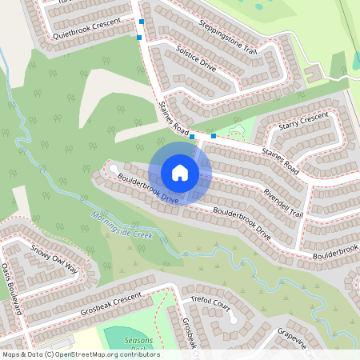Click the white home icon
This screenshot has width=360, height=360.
[180, 172]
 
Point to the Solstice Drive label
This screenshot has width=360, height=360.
[195, 58]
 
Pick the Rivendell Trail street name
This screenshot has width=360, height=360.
[283, 197]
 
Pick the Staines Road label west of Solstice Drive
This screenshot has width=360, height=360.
[172, 117]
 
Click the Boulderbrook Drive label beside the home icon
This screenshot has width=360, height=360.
[147, 189]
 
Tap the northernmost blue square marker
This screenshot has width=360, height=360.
[142, 22]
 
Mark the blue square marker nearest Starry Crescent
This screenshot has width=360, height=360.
[213, 136]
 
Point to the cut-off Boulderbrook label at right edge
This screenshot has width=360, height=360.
[335, 251]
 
